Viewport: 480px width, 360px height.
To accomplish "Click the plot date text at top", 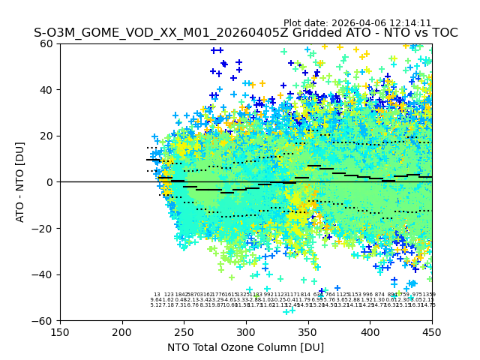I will tap(357, 23).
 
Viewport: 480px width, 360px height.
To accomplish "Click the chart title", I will tap(245, 34).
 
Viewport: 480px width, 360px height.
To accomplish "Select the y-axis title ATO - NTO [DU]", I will tap(21, 181).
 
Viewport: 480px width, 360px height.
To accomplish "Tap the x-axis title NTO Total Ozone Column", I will tap(245, 347).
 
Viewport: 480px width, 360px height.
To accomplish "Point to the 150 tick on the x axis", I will tap(60, 331).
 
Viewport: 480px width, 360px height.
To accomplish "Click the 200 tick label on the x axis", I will tap(122, 331).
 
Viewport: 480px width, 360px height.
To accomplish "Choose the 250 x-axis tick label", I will tap(184, 331).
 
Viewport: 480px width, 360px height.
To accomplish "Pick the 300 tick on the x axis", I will tap(246, 331).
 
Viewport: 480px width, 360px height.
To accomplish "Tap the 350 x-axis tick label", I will tap(308, 331).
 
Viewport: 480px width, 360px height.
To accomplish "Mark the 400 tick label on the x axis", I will tap(370, 331).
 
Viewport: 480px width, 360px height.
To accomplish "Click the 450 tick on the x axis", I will tap(432, 331).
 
